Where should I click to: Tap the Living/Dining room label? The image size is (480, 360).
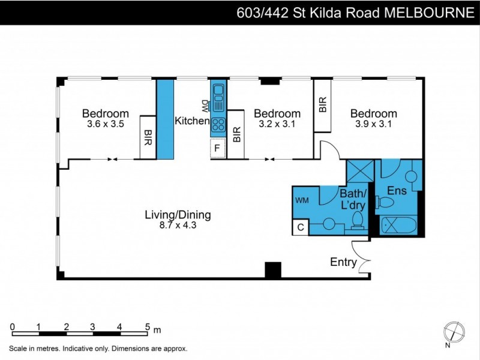pos(178,214)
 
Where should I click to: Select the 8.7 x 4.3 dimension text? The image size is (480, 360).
pos(178,225)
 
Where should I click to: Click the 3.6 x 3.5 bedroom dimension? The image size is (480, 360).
pos(105,125)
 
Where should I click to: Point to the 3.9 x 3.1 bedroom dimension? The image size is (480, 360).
pos(373,125)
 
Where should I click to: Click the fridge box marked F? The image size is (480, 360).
pos(217,147)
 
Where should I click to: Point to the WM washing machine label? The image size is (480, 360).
pos(302,200)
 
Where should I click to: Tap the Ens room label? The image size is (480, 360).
pos(397,190)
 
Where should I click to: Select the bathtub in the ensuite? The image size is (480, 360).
pos(398,226)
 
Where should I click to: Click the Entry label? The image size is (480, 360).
pos(343,262)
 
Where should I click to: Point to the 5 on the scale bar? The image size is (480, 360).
pos(147,326)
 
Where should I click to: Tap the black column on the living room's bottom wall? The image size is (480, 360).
pos(272,270)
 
